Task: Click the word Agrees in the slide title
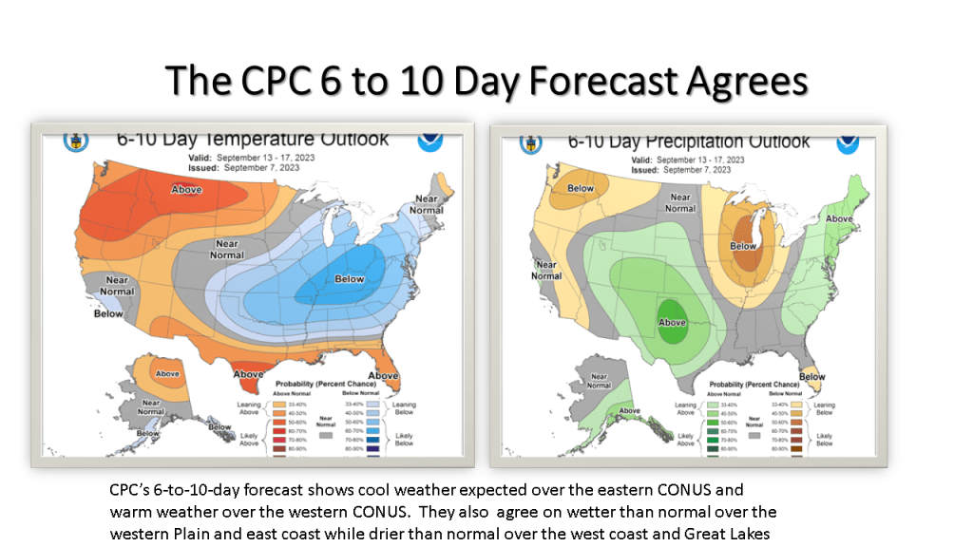click(745, 81)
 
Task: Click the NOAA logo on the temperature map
click(431, 141)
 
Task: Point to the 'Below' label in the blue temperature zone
click(350, 279)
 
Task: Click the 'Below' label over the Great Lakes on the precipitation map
click(743, 246)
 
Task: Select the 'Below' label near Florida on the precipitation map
click(811, 377)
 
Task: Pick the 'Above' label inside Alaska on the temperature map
click(166, 373)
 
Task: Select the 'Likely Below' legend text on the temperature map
click(404, 440)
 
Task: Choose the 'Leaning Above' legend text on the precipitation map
click(685, 408)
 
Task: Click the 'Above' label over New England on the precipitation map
click(839, 219)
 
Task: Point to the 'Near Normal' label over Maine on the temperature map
click(425, 204)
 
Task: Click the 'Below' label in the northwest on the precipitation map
click(581, 188)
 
